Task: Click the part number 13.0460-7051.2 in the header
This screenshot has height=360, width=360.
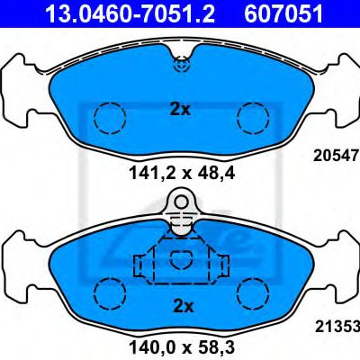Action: tap(130, 13)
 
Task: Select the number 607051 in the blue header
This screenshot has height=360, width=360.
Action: tap(283, 13)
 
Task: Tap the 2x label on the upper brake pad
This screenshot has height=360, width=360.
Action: tap(180, 110)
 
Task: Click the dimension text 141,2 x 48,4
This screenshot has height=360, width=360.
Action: tap(181, 174)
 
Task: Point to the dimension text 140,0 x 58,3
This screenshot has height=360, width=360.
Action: tap(182, 347)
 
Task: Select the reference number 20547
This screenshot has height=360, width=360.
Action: tap(337, 156)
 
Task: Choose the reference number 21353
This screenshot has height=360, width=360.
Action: tap(337, 327)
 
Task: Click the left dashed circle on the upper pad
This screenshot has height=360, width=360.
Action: tap(110, 118)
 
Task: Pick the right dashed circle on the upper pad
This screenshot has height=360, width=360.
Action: tap(253, 118)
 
